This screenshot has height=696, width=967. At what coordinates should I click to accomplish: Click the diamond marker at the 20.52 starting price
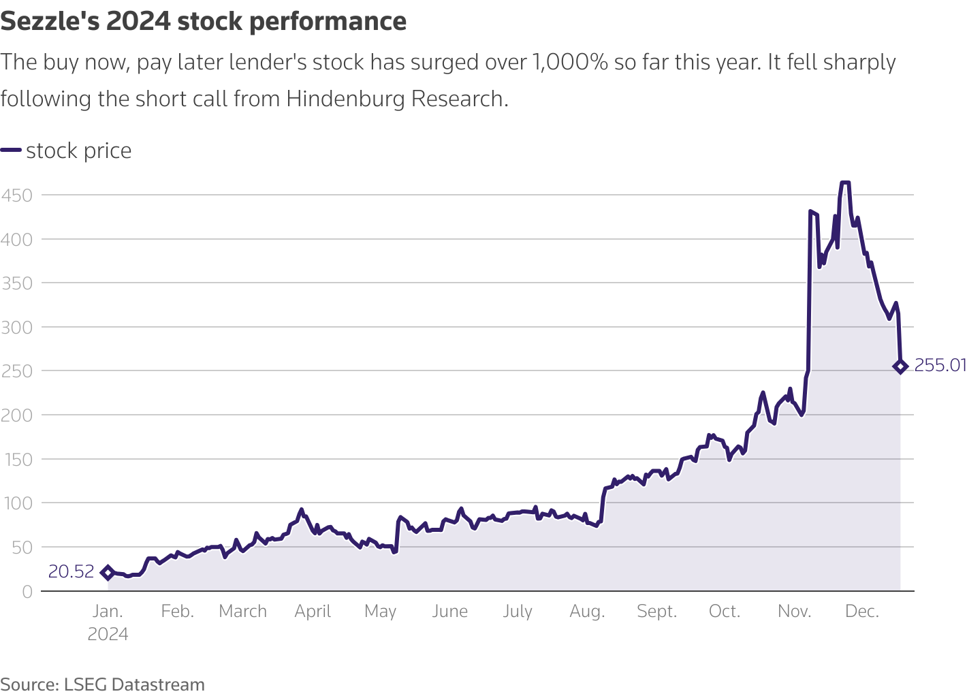(108, 573)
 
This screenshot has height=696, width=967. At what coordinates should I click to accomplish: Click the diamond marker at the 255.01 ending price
(900, 366)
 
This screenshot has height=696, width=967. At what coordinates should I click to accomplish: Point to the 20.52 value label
(71, 572)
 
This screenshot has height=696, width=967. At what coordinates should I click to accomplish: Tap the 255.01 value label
(940, 366)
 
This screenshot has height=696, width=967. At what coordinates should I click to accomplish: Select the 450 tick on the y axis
(17, 195)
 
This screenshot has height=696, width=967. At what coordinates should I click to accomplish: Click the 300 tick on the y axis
(17, 328)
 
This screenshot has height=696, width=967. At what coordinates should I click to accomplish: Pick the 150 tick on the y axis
(17, 460)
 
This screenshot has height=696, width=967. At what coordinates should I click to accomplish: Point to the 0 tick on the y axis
(27, 592)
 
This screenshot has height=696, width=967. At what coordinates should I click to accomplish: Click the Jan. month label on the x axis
(108, 612)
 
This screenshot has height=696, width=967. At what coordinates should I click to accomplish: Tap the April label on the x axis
(313, 612)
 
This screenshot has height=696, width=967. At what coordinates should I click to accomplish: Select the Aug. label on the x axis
(587, 612)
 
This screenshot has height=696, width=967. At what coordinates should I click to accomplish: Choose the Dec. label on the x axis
(861, 612)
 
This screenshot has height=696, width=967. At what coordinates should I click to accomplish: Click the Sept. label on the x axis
(656, 612)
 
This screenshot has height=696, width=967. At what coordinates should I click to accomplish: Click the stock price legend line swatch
(11, 151)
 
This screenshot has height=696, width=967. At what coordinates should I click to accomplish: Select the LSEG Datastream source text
(134, 684)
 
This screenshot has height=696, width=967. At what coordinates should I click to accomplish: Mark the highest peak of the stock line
(845, 183)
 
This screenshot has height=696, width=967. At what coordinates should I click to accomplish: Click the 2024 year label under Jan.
(108, 635)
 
